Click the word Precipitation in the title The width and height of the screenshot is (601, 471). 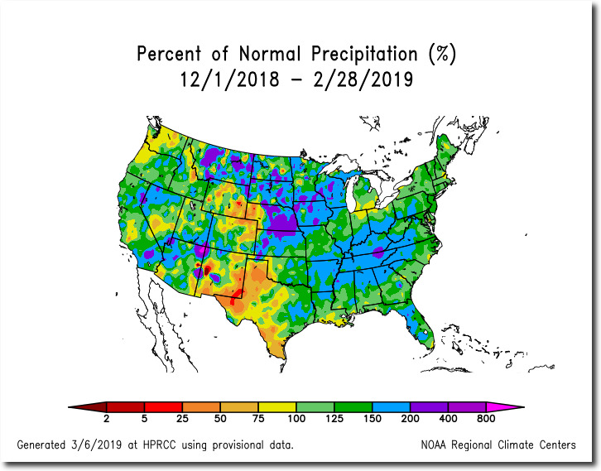coord(364,54)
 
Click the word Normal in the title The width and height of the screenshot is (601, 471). coord(269,53)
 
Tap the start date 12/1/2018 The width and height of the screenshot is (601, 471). coord(230,79)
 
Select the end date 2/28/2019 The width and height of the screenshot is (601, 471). coord(363,79)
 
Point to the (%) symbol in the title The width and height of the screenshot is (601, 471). coord(442,54)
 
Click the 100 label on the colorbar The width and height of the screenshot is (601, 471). coord(296,419)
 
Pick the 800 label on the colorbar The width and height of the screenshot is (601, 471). coord(486,419)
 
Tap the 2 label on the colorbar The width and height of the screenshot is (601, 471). coord(107,419)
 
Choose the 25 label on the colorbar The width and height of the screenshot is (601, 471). coord(182,419)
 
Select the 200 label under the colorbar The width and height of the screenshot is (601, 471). coord(410,419)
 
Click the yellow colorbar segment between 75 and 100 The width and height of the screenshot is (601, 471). coord(277,407)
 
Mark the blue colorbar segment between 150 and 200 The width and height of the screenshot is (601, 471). coord(391,407)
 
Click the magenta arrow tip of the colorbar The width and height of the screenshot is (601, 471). coord(523,407)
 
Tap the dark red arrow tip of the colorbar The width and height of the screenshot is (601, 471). coord(69,407)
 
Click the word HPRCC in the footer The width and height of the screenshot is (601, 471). coord(160,445)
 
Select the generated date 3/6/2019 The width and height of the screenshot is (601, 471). coord(96,445)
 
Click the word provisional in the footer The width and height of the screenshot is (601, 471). coord(238,445)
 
